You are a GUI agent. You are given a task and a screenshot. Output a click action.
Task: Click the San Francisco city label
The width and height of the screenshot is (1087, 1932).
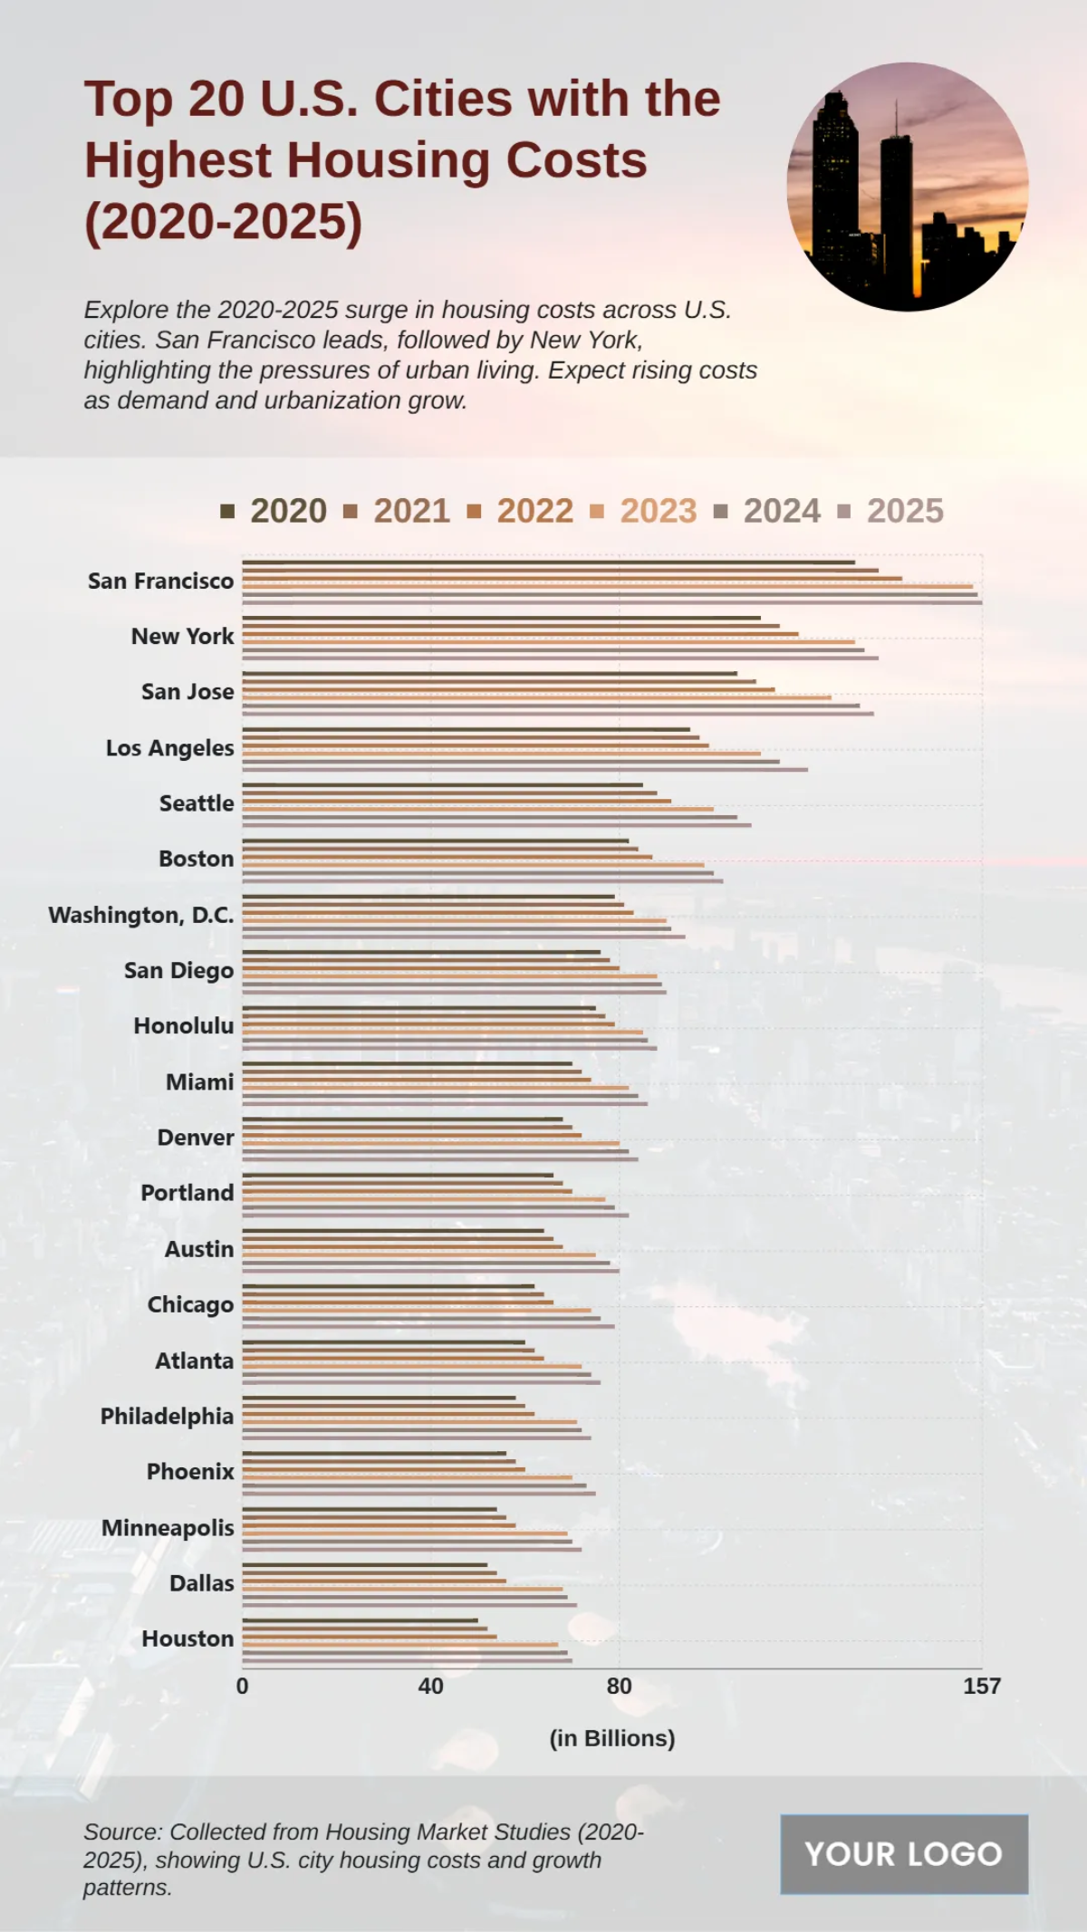[160, 581]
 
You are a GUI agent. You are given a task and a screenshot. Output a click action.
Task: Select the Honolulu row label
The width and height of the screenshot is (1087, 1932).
[183, 1025]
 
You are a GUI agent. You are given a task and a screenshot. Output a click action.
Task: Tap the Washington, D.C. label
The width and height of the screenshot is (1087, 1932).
[140, 915]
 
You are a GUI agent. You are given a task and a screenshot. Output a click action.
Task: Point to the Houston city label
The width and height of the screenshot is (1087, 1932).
[188, 1639]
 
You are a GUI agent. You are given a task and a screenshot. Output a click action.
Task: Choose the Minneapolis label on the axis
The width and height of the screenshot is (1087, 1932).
[168, 1528]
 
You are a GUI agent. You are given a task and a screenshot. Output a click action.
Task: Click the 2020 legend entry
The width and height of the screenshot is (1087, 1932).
[274, 511]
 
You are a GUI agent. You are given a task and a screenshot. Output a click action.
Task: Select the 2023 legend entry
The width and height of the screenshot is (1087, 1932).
[643, 511]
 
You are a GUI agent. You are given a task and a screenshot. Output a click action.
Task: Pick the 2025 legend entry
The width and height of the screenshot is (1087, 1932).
[890, 511]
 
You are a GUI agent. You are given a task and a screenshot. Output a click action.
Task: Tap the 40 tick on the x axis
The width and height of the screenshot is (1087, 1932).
[430, 1686]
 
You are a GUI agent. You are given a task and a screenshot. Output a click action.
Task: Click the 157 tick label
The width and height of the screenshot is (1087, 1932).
[981, 1686]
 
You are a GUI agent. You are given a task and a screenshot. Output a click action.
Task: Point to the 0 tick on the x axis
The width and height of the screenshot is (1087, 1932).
[242, 1686]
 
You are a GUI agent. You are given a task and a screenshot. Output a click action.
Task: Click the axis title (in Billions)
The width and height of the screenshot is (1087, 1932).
[612, 1738]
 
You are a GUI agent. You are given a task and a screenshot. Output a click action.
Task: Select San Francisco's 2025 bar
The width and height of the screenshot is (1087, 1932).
[611, 601]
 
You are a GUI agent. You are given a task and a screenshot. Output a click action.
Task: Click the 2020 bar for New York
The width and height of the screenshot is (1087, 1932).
[501, 618]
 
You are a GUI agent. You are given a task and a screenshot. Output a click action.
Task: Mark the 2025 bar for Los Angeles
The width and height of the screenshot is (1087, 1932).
[524, 769]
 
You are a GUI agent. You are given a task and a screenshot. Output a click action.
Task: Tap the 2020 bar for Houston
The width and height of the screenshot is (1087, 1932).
[360, 1620]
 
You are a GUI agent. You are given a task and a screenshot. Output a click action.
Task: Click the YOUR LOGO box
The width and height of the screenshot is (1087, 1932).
[904, 1854]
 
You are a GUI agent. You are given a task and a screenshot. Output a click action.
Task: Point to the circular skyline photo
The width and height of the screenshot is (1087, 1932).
[908, 187]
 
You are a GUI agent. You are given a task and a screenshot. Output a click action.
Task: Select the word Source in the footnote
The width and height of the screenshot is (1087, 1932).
[120, 1831]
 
